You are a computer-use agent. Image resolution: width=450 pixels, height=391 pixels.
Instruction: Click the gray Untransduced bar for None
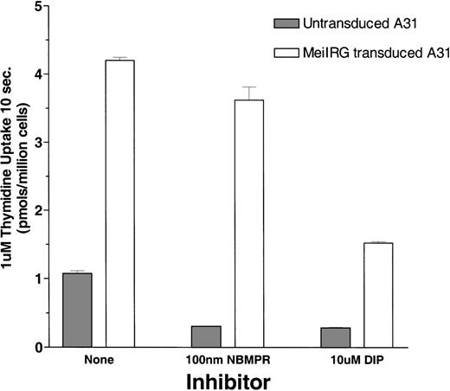tap(77, 310)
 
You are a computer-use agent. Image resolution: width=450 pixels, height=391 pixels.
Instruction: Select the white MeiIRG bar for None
tap(120, 203)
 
